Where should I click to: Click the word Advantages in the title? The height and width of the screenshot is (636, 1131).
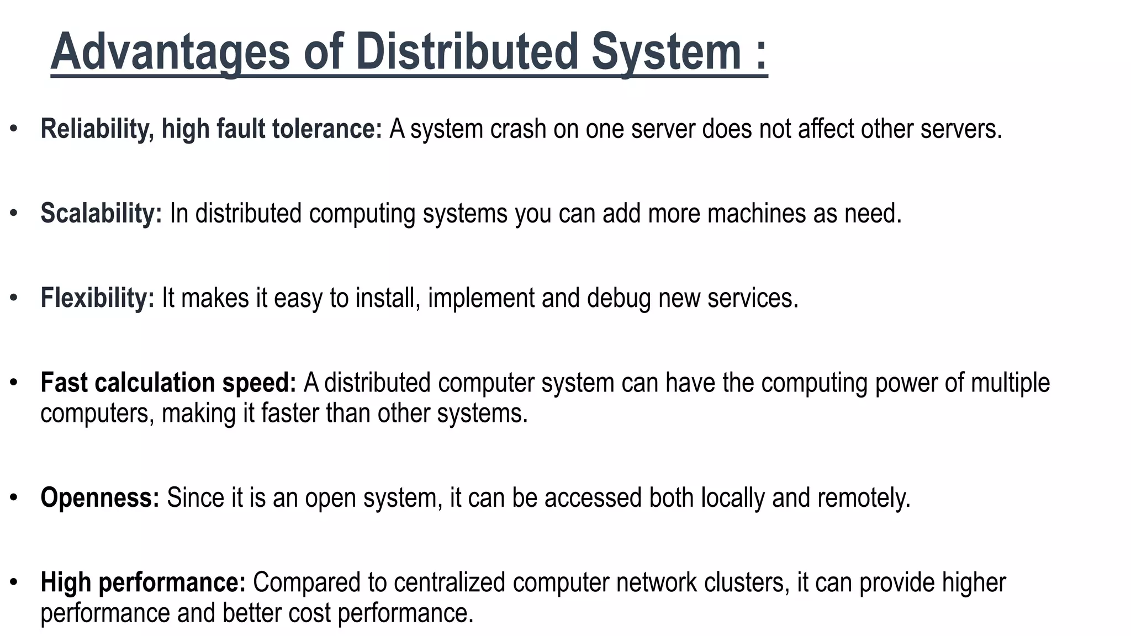pyautogui.click(x=170, y=52)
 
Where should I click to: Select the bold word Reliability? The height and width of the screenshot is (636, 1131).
pyautogui.click(x=94, y=129)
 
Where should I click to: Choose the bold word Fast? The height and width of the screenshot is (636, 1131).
pyautogui.click(x=64, y=383)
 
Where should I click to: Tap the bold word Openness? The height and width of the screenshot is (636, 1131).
pyautogui.click(x=100, y=498)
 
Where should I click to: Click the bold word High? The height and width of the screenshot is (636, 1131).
pyautogui.click(x=66, y=583)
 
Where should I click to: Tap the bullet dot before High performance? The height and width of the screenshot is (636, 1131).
pyautogui.click(x=14, y=582)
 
